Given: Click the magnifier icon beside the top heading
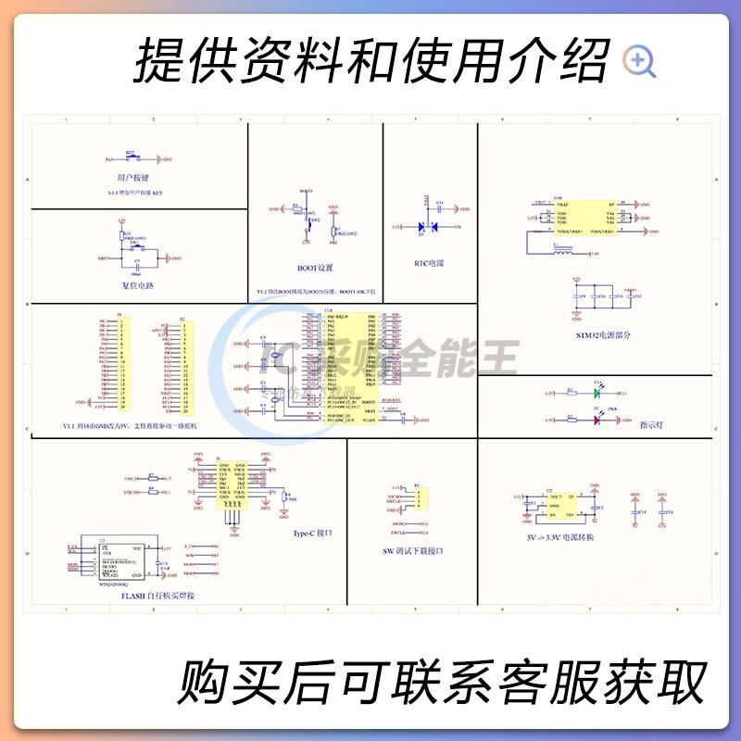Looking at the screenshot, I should [x=639, y=61].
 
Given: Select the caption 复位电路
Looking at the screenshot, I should [x=137, y=284].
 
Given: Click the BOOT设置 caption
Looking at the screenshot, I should [x=314, y=268].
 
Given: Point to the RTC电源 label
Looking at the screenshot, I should [x=429, y=263].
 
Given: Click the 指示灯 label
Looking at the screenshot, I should [x=653, y=425].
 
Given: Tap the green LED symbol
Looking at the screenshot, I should [x=598, y=393].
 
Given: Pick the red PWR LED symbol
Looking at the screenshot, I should [x=598, y=420].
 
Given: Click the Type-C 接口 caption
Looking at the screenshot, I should [x=312, y=534].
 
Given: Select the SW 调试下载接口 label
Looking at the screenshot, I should [x=413, y=550].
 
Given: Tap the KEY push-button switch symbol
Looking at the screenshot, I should [x=131, y=158].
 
